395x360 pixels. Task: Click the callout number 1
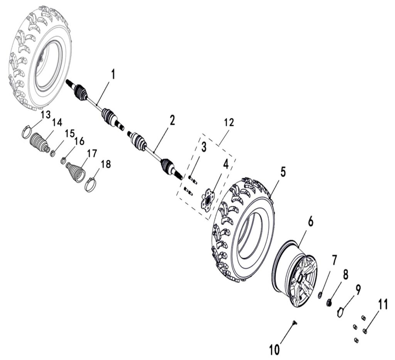pos(113,74)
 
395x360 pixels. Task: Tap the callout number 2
pos(172,121)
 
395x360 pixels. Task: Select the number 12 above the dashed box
pos(229,123)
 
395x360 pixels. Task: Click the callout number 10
pos(274,350)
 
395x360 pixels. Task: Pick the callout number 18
pos(105,164)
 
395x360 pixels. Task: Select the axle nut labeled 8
pos(330,303)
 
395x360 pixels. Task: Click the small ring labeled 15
pos(53,154)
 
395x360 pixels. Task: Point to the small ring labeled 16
pos(64,160)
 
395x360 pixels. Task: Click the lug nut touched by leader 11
pos(365,331)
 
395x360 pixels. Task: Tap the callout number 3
pos(204,146)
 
